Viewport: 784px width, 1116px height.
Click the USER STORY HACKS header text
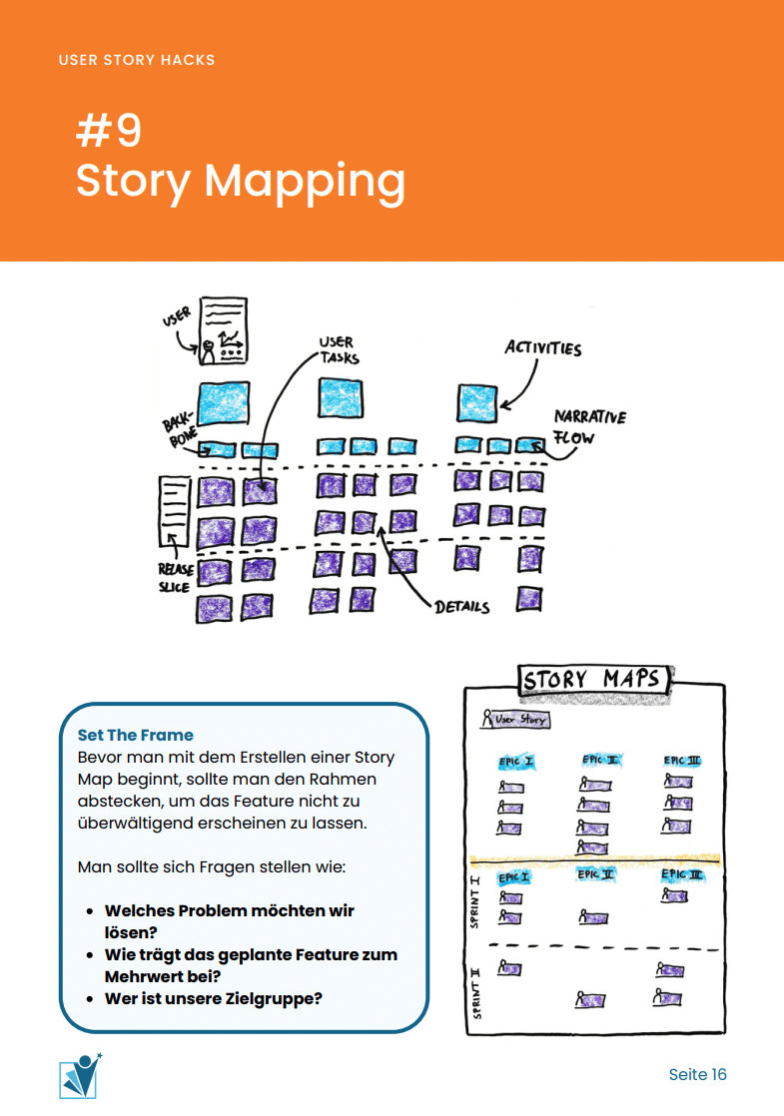[137, 60]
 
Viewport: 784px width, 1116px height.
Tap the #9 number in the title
[109, 131]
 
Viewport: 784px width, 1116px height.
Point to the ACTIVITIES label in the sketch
[542, 348]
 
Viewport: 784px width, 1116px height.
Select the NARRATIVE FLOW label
[590, 426]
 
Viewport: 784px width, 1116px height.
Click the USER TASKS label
[338, 350]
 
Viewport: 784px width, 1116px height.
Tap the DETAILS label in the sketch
[461, 606]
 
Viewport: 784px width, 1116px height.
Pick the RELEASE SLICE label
[175, 578]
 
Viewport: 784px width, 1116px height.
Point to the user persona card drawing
[223, 329]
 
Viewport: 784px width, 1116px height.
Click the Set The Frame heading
[136, 736]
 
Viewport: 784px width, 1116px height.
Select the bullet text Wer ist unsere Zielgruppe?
[214, 998]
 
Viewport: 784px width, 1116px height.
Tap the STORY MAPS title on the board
[592, 680]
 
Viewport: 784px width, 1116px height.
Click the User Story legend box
[515, 719]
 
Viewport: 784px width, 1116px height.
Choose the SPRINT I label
[475, 901]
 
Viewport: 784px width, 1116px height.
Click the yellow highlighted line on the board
[596, 858]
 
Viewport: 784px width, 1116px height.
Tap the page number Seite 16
[697, 1074]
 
